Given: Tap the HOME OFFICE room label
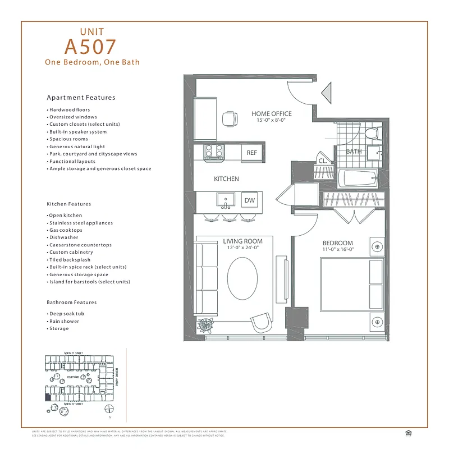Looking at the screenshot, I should [272, 114].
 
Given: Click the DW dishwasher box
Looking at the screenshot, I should [250, 200].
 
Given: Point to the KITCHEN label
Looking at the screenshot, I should [226, 179].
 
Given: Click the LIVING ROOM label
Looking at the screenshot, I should [243, 241].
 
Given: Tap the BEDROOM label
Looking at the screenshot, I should [337, 242].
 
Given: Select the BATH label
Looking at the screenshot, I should [354, 152].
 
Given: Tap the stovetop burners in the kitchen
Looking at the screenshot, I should [213, 150].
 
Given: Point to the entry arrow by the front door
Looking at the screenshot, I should [326, 93].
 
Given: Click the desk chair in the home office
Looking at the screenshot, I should [229, 118].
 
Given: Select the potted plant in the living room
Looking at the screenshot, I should [205, 325].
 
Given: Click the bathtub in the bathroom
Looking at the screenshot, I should [359, 179].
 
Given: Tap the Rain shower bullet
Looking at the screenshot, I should [64, 321].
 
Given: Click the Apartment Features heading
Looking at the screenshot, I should [81, 98].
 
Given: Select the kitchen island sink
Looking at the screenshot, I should [227, 199].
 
